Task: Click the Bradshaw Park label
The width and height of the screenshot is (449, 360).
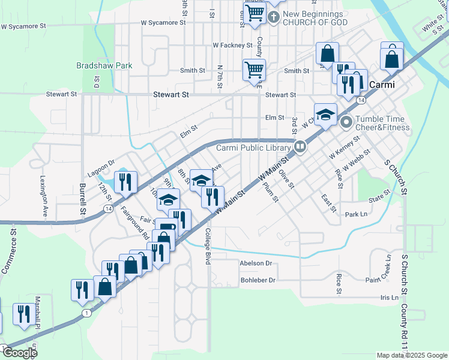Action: click(x=104, y=65)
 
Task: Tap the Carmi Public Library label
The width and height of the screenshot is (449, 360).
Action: click(x=254, y=147)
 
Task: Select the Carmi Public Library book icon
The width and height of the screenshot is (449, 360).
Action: click(x=300, y=146)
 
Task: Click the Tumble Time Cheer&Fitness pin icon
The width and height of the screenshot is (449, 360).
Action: click(x=346, y=123)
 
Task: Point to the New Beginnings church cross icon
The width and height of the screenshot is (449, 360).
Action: click(x=273, y=17)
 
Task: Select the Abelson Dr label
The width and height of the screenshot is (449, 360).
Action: click(x=256, y=263)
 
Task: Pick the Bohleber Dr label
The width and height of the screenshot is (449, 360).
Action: click(x=258, y=280)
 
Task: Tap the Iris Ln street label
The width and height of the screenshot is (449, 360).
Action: click(x=389, y=297)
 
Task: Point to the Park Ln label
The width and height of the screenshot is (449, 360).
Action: click(x=356, y=214)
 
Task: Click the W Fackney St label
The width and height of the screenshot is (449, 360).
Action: click(x=232, y=45)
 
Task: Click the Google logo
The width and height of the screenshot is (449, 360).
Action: click(x=20, y=353)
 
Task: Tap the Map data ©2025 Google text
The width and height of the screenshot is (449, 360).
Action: click(x=411, y=355)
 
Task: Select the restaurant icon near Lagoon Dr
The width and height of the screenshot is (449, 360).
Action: click(x=125, y=182)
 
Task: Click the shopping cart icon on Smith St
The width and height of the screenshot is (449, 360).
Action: click(x=254, y=70)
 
